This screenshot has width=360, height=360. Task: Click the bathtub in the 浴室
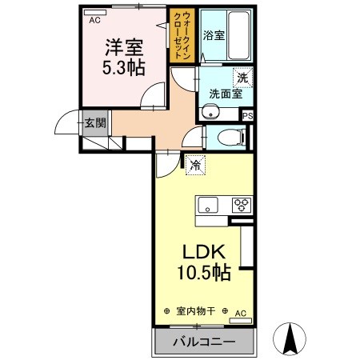click(x=238, y=35)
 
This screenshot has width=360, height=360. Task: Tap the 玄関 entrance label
click(x=95, y=123)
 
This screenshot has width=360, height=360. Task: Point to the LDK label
click(x=203, y=250)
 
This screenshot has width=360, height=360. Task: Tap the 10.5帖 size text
click(x=203, y=273)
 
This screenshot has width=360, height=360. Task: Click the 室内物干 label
click(x=195, y=311)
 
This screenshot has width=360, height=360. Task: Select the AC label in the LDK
click(x=239, y=312)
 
